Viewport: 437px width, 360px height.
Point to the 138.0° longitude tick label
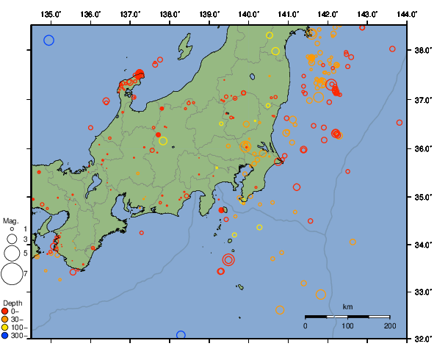pyautogui.click(x=170, y=14)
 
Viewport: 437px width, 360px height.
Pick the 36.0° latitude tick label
pyautogui.click(x=423, y=149)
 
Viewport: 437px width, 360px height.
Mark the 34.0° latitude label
pyautogui.click(x=423, y=245)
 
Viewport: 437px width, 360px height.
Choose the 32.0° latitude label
pyautogui.click(x=423, y=339)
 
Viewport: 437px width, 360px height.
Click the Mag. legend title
pyautogui.click(x=10, y=220)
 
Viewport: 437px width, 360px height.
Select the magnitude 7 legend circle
pyautogui.click(x=12, y=274)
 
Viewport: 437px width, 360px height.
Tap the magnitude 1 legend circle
pyautogui.click(x=11, y=228)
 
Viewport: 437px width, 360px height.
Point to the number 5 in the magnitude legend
pyautogui.click(x=24, y=253)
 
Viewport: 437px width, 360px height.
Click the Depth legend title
pyautogui.click(x=12, y=303)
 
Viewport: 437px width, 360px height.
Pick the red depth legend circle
pyautogui.click(x=7, y=311)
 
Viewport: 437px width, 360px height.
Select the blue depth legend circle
pyautogui.click(x=7, y=336)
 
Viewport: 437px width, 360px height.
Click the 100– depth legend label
pyautogui.click(x=18, y=328)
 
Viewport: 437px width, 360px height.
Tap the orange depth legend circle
pyautogui.click(x=7, y=319)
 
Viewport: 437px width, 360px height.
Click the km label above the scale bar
pyautogui.click(x=347, y=306)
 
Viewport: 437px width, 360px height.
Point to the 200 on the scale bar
pyautogui.click(x=389, y=325)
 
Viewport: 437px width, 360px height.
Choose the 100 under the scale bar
pyautogui.click(x=347, y=325)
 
